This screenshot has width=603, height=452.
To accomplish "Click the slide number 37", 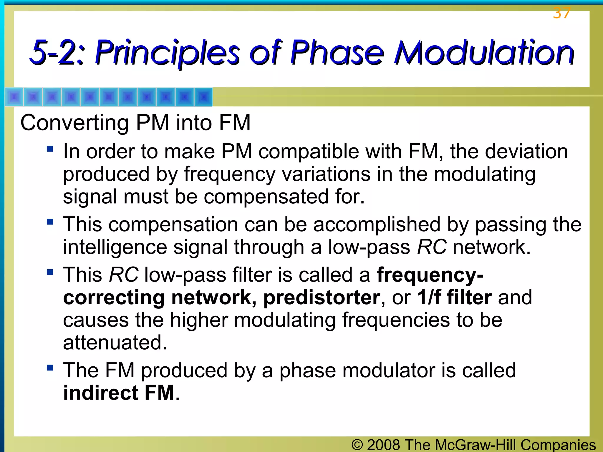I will tap(562, 13).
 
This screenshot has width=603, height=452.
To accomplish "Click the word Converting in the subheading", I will tap(74, 123).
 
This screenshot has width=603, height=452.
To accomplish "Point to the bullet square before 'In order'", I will tap(50, 148).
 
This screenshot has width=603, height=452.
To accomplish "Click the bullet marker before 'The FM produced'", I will tap(50, 367).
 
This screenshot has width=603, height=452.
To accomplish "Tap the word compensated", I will tap(266, 197).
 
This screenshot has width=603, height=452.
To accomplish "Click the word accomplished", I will tap(377, 225).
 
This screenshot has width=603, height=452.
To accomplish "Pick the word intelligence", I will tap(115, 247).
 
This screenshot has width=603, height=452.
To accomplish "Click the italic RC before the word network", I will tap(432, 247).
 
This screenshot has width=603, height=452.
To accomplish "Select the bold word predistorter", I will tap(322, 298).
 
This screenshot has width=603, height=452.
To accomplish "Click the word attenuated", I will tap(115, 343).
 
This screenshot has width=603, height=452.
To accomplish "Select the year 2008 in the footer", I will tap(383, 445).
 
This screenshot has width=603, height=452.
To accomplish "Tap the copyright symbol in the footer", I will tap(357, 445).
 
